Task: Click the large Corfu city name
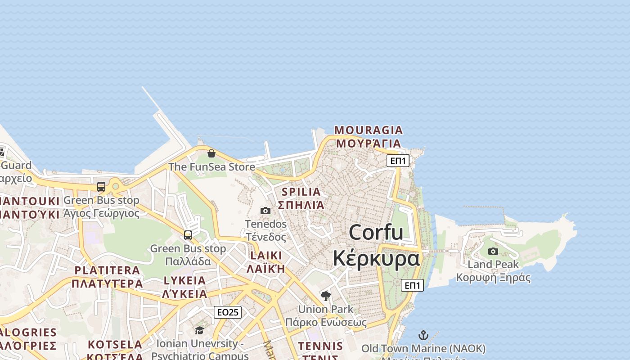[376, 233]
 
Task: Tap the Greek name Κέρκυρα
[376, 258]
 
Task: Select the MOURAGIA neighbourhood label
[369, 130]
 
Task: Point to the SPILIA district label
[301, 192]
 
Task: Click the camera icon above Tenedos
[265, 211]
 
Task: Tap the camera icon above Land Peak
[493, 251]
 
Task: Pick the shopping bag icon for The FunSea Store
[211, 153]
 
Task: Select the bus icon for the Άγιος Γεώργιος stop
[101, 187]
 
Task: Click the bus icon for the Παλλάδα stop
[188, 235]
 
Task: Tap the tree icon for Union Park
[326, 296]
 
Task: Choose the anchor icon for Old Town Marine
[423, 335]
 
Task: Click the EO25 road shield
[228, 312]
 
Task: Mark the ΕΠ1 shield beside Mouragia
[398, 161]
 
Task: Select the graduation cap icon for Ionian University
[199, 331]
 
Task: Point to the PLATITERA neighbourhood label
[107, 270]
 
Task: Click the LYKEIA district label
[184, 281]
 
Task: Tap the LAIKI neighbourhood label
[266, 256]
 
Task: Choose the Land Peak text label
[493, 264]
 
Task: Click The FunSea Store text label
[211, 167]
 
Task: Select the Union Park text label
[326, 310]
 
